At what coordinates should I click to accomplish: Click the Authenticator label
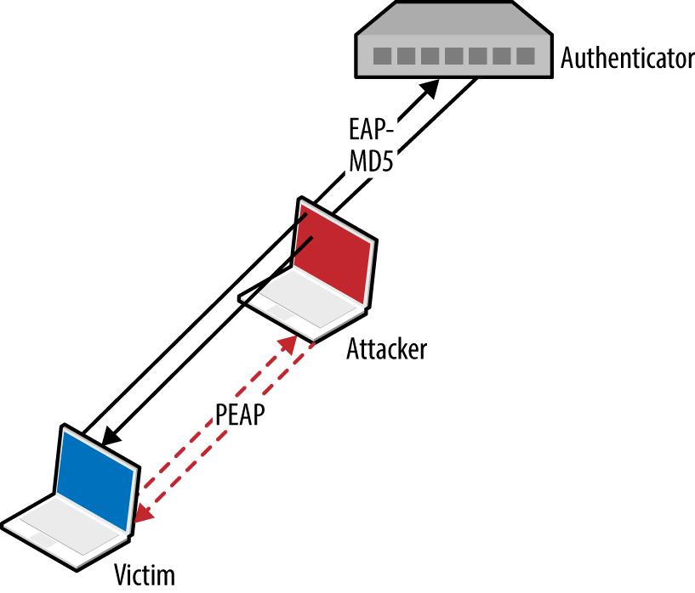(x=627, y=59)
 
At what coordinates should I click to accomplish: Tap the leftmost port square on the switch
(x=383, y=56)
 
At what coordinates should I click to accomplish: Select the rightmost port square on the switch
(x=526, y=56)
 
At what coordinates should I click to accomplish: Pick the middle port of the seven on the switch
(x=454, y=56)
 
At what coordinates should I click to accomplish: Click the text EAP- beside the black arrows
(x=372, y=129)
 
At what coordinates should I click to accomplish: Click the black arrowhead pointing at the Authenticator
(x=431, y=86)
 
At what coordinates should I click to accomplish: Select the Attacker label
(x=386, y=348)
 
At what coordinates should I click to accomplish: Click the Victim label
(x=145, y=575)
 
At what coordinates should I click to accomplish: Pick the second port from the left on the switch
(x=407, y=56)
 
